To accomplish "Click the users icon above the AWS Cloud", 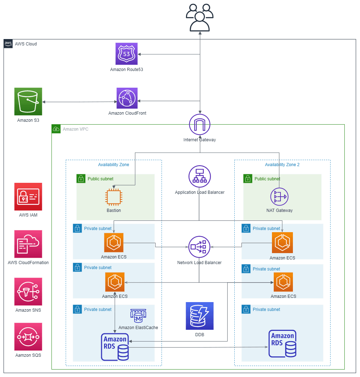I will click(x=200, y=17).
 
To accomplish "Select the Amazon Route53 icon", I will click(x=127, y=54).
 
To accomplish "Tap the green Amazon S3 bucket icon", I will click(x=28, y=101).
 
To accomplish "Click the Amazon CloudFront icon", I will click(x=127, y=98).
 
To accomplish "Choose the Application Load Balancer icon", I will click(x=200, y=176).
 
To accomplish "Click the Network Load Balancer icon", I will click(x=199, y=247).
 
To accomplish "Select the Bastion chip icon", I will click(x=114, y=198).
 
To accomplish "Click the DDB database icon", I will click(x=200, y=316).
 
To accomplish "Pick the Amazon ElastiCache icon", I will click(x=138, y=315).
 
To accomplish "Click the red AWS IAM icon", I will click(x=28, y=197).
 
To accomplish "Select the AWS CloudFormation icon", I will click(x=28, y=244).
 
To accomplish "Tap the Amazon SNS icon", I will click(x=28, y=291).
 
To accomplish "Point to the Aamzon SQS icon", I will click(x=28, y=337).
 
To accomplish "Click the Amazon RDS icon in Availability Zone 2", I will click(x=283, y=344).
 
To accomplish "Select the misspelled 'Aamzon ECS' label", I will click(x=115, y=296).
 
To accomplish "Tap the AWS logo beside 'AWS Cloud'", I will click(x=8, y=44).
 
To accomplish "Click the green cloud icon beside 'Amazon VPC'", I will click(x=56, y=129).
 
